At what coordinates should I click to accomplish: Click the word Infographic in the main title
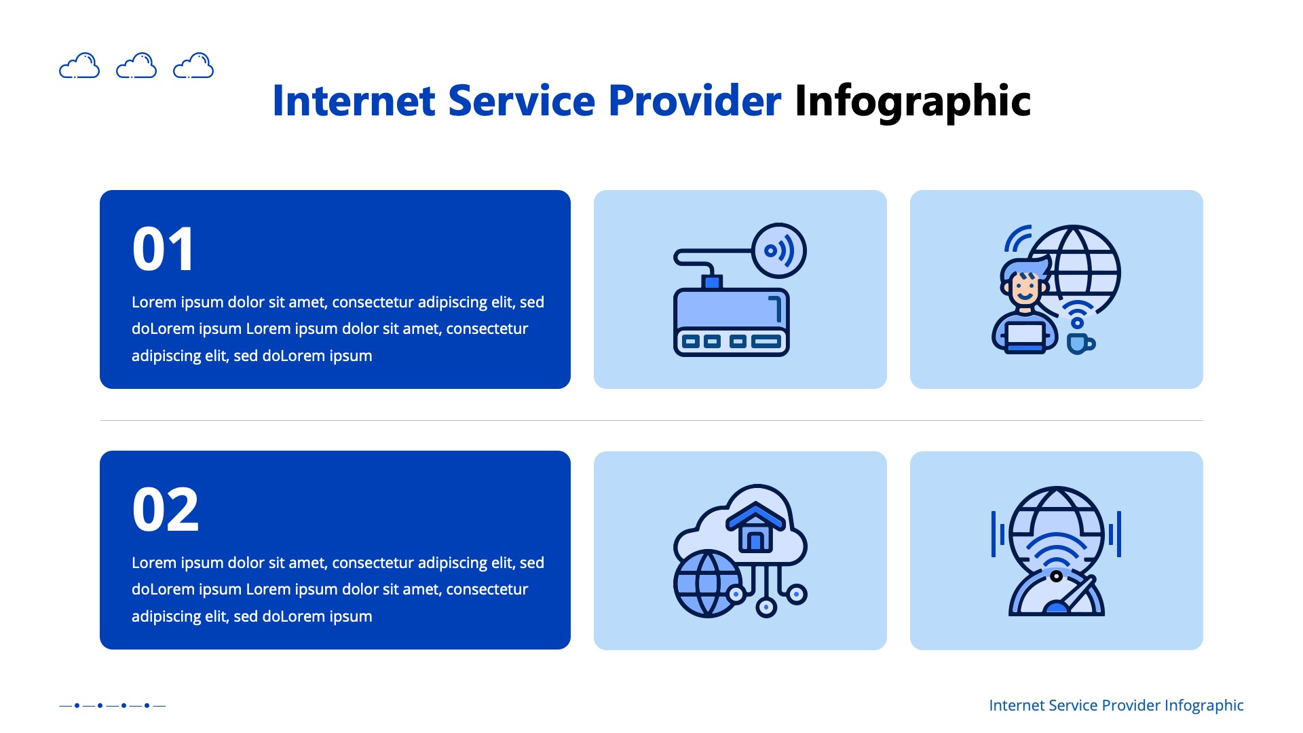(x=912, y=102)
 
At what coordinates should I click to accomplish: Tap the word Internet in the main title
(x=353, y=102)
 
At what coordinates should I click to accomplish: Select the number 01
(x=164, y=250)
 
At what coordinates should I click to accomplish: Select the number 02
(x=166, y=510)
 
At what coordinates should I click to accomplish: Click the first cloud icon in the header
(x=79, y=66)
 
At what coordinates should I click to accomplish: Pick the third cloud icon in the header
(x=193, y=66)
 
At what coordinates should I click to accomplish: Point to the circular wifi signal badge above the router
(x=779, y=250)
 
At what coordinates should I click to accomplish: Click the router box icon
(x=731, y=322)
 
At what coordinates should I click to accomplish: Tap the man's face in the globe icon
(x=1025, y=288)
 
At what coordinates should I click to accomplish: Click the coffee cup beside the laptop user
(x=1078, y=343)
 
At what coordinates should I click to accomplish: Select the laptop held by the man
(x=1025, y=335)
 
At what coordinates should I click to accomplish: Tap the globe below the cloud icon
(x=706, y=584)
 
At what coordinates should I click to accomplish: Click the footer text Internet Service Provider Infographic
(x=1116, y=705)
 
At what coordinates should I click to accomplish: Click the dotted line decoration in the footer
(x=112, y=705)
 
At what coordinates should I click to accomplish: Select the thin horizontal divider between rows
(x=651, y=420)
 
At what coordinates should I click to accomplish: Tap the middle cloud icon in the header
(x=136, y=66)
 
